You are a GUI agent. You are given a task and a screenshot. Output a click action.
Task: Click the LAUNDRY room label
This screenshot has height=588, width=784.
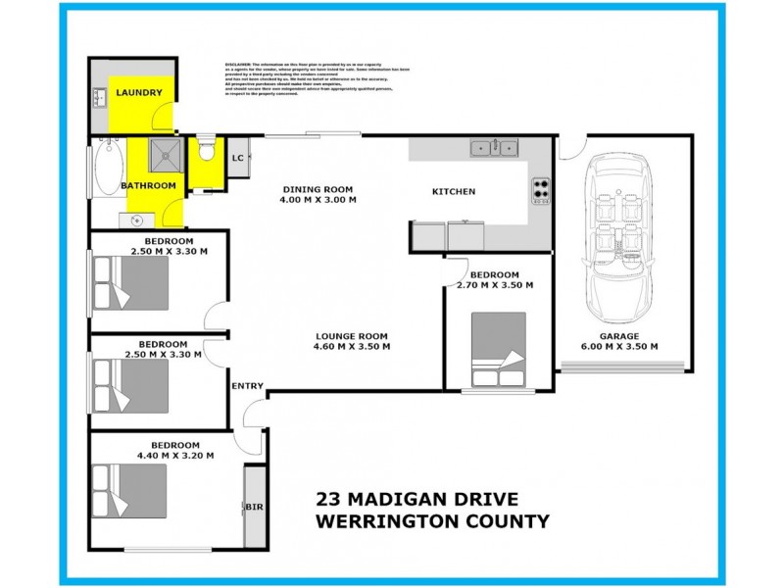[x=138, y=93]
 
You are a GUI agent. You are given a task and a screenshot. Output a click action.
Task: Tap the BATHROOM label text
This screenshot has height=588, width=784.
[x=148, y=185]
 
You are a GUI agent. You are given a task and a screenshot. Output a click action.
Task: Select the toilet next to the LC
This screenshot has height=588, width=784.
[x=206, y=151]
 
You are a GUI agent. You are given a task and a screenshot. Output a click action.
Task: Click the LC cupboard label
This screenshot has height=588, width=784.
[x=237, y=158]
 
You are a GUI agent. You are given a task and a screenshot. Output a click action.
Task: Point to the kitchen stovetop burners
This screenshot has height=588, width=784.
[x=540, y=188]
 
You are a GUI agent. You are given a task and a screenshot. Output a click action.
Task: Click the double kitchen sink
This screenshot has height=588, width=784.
[x=494, y=148]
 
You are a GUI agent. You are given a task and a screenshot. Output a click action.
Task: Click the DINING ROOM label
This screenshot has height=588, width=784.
[x=318, y=189]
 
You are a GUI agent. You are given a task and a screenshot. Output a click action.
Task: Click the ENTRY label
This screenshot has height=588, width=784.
[x=247, y=386]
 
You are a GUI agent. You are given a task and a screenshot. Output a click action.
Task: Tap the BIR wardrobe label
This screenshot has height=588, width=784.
[x=254, y=508]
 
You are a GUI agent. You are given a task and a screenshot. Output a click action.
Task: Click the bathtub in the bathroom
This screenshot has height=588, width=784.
[x=107, y=176]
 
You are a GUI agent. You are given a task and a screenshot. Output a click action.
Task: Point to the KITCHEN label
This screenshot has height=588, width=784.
[x=454, y=191]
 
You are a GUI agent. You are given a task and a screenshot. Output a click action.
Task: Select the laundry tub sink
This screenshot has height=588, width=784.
[x=100, y=97]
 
